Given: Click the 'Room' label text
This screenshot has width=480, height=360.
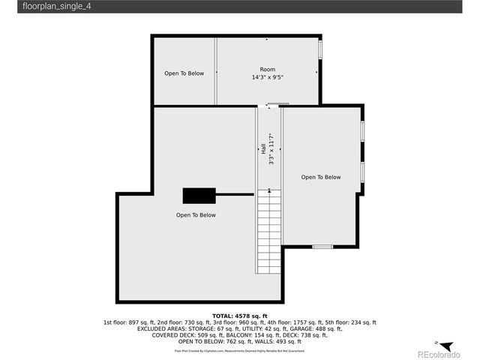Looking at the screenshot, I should point(267,69).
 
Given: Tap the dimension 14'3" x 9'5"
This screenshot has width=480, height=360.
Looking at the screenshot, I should point(267,76).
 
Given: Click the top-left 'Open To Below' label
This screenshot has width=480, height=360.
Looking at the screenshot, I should point(184,73).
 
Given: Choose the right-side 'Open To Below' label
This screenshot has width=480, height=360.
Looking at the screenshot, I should point(320,178).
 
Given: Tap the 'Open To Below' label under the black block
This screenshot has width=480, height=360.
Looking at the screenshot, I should point(196,215).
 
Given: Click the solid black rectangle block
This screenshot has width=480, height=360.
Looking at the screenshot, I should point(199,195).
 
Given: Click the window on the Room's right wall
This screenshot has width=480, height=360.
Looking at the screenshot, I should point(320,49).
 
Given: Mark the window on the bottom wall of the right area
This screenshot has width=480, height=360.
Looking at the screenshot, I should point(322,246).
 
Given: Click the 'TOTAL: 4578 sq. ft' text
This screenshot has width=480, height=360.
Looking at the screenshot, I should point(239,316).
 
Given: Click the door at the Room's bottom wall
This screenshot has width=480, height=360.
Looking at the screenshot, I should point(277,104).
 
